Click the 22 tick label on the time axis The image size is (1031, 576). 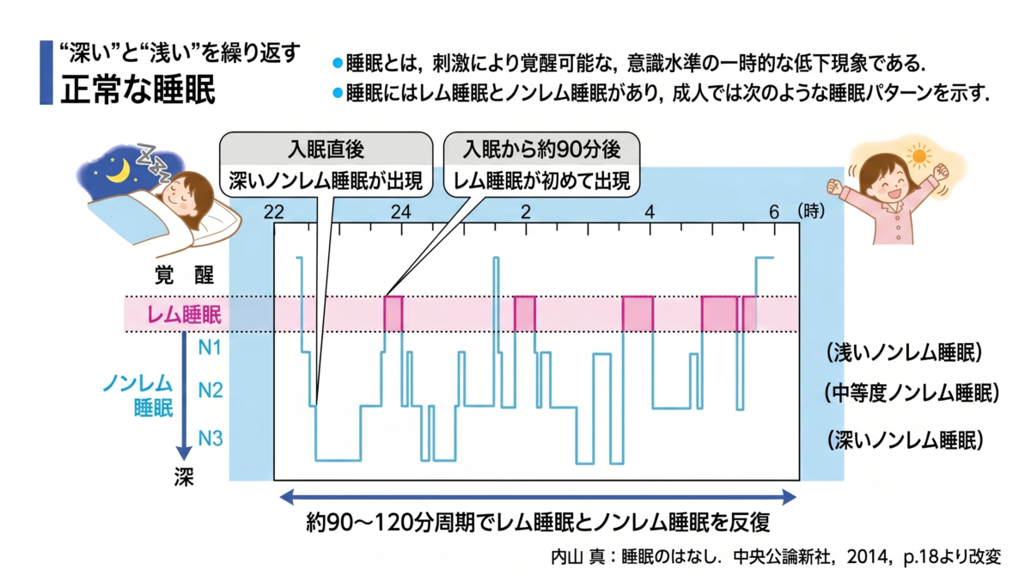[x=273, y=212]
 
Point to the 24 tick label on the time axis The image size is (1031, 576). [x=400, y=212]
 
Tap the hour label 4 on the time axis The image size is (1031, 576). [x=650, y=212]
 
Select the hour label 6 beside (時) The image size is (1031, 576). [x=774, y=212]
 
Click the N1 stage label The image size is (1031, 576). [x=210, y=347]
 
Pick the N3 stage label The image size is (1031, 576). [x=210, y=438]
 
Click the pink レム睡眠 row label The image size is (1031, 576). [x=184, y=315]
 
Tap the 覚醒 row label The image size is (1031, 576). [x=184, y=275]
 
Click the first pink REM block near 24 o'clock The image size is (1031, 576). [x=393, y=314]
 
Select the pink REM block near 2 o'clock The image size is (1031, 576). [x=525, y=314]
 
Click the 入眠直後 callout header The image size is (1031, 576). [x=326, y=150]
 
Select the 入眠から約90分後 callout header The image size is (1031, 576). [x=541, y=150]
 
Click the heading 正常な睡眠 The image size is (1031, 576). [x=138, y=89]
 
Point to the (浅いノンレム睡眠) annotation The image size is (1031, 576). [x=905, y=353]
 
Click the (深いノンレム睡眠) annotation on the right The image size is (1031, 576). [x=906, y=440]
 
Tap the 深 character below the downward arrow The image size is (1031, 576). [x=184, y=477]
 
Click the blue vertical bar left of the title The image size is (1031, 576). [x=46, y=73]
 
